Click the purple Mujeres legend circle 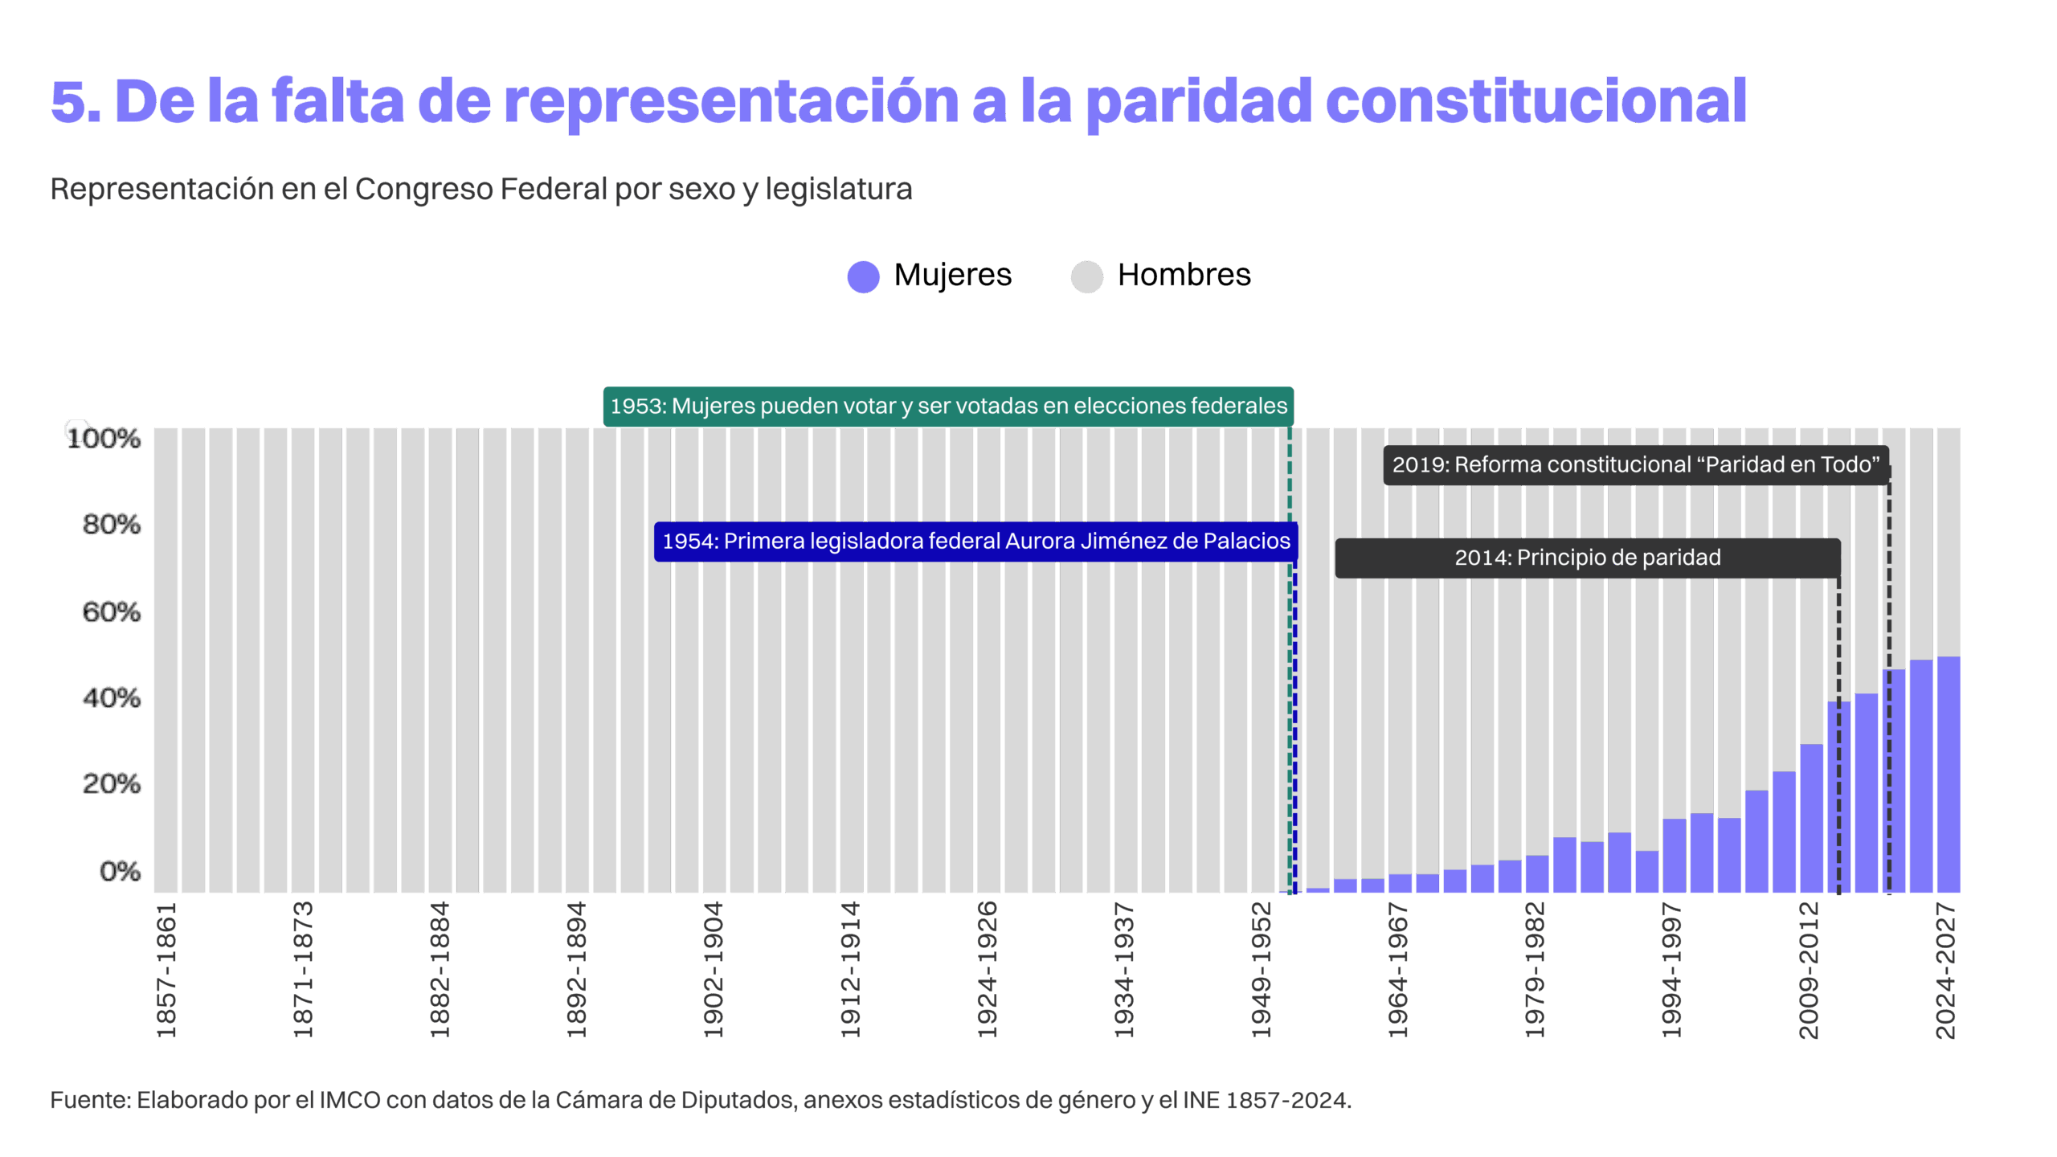click(x=864, y=277)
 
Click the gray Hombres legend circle click(x=1087, y=277)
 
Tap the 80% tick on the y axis click(x=112, y=525)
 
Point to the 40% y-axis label click(x=112, y=697)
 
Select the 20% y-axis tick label click(x=112, y=783)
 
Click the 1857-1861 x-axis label click(x=166, y=970)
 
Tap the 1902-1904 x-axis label click(x=714, y=970)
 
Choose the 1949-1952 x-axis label click(x=1262, y=970)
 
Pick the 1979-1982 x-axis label click(x=1535, y=970)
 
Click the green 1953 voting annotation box click(x=948, y=407)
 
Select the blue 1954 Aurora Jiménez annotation click(x=975, y=542)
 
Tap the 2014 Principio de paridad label click(x=1588, y=558)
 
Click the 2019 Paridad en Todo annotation click(x=1636, y=465)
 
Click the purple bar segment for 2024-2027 click(x=1949, y=775)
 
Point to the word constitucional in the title click(x=1536, y=102)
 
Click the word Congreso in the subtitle click(x=423, y=190)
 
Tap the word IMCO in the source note click(x=350, y=1100)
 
